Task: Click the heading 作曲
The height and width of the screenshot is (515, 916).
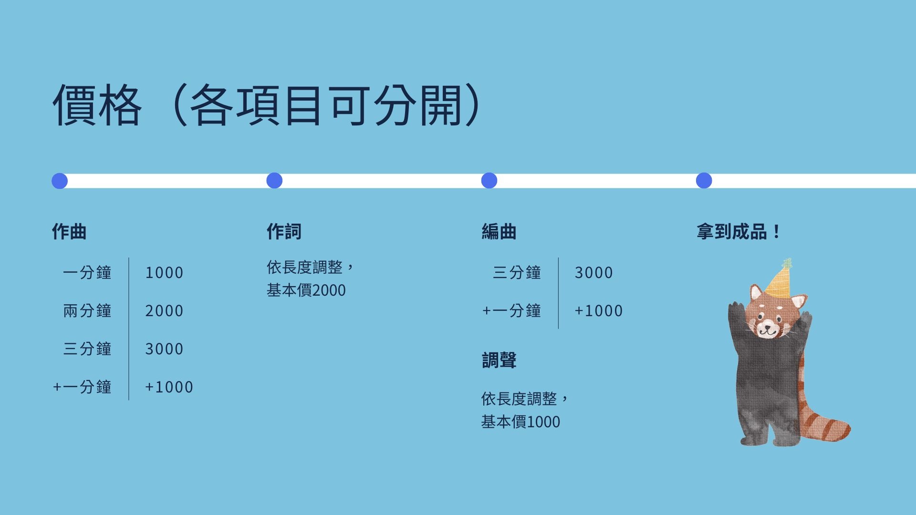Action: (69, 232)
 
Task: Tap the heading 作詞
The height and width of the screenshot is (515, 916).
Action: (284, 232)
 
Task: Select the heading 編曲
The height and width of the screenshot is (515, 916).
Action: (499, 232)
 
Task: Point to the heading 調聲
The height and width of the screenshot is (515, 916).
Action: (499, 360)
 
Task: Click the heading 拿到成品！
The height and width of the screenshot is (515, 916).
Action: (738, 232)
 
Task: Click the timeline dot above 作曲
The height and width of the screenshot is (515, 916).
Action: (60, 181)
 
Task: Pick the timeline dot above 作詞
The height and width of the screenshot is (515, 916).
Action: (274, 181)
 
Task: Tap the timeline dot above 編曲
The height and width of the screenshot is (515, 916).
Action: (489, 181)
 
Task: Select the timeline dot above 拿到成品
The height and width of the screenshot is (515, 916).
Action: (704, 181)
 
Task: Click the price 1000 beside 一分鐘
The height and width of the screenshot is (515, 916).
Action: (164, 273)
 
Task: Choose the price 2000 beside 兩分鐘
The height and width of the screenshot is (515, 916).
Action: (164, 311)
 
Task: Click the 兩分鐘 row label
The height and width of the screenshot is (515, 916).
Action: (87, 311)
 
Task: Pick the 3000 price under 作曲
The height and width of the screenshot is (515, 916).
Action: (164, 349)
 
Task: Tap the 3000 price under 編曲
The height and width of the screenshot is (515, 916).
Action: (593, 273)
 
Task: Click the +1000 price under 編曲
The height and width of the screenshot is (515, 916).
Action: (599, 311)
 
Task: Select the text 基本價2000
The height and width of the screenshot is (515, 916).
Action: (306, 290)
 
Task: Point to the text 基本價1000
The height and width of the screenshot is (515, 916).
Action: (520, 422)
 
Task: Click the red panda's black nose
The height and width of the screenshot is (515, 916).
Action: (768, 325)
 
